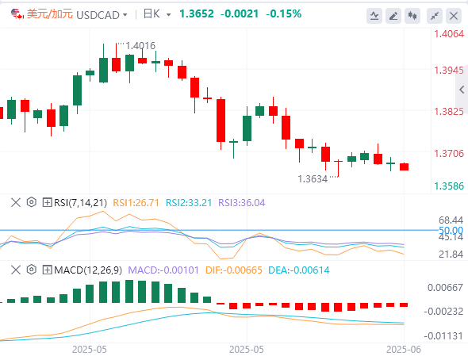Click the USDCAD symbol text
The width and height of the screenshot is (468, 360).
click(98, 14)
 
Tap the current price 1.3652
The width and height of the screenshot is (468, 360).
click(197, 13)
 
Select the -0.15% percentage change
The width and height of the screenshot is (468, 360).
click(283, 13)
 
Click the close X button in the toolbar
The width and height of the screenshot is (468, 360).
click(454, 16)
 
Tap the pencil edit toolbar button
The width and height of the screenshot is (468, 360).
click(393, 16)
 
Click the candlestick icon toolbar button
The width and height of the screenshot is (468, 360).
click(412, 16)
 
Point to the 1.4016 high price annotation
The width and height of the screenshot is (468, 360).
click(140, 46)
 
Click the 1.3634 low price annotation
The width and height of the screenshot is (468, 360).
click(313, 179)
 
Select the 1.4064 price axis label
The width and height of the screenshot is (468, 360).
click(449, 34)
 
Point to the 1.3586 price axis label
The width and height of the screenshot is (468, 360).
click(449, 186)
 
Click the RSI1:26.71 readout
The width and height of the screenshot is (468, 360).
click(136, 203)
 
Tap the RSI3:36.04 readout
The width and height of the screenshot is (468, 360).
click(242, 203)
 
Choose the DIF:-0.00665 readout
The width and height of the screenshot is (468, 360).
click(234, 270)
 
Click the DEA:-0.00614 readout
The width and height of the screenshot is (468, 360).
click(299, 270)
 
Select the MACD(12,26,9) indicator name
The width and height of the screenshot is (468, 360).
click(88, 270)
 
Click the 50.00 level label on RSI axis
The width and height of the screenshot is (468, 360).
click(451, 230)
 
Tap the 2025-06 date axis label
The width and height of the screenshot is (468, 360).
click(404, 349)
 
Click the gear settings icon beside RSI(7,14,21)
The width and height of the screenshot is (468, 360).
click(32, 202)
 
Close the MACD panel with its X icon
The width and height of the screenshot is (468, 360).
click(16, 270)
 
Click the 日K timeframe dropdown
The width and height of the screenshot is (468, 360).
click(157, 14)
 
